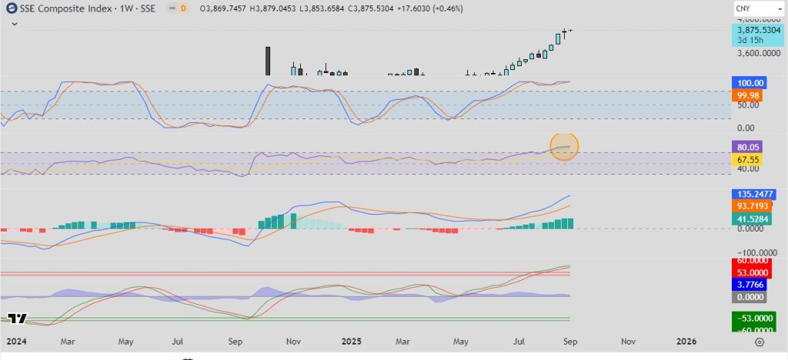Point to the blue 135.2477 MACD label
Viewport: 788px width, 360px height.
point(753,194)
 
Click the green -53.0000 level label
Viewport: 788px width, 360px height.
point(753,318)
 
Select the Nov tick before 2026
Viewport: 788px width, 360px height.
point(628,340)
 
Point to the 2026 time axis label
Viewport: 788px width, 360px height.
point(686,340)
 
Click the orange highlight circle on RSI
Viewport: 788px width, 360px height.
point(565,145)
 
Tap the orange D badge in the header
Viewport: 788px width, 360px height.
point(184,8)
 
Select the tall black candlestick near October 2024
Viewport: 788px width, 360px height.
point(267,61)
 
